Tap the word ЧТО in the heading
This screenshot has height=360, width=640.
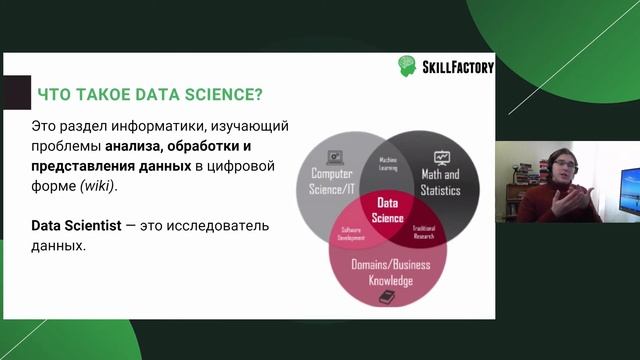point(52,95)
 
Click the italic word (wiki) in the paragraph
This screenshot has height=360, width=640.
point(98,185)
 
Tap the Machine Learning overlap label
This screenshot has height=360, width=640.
point(389,162)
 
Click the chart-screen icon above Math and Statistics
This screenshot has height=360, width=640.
point(441,157)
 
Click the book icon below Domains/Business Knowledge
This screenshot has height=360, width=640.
point(388,298)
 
